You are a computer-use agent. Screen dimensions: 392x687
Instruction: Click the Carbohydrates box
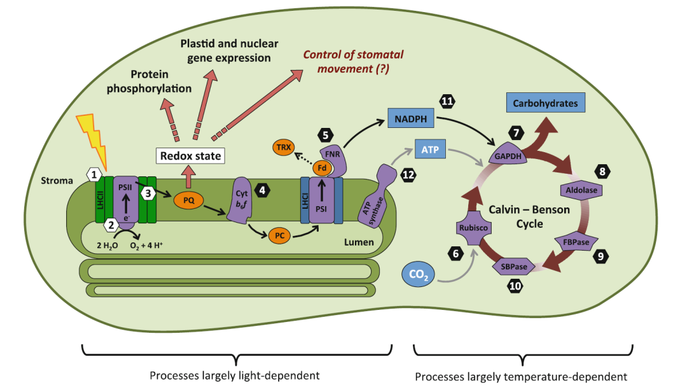point(545,103)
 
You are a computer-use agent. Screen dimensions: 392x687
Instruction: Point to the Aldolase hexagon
point(579,190)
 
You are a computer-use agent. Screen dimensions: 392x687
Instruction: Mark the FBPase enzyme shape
point(571,242)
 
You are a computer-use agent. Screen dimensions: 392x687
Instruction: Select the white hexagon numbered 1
point(94,173)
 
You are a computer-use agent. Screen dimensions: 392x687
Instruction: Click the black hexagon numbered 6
point(455,253)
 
